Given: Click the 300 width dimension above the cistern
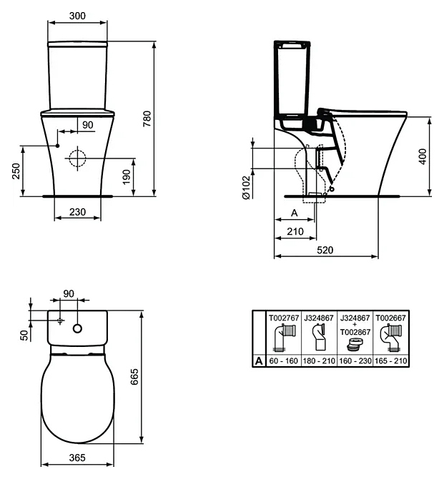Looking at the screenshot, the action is [x=77, y=16].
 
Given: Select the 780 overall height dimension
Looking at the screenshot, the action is [x=147, y=119].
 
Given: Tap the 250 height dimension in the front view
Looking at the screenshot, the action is [x=16, y=171].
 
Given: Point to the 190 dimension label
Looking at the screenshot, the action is [x=127, y=177].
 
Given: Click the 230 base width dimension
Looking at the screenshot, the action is [x=77, y=212].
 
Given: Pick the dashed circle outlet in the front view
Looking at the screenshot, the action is [x=77, y=158].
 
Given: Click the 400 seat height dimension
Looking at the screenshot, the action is [x=423, y=156].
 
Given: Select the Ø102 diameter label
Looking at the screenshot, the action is [x=247, y=187].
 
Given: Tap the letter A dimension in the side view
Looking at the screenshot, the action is [x=295, y=213].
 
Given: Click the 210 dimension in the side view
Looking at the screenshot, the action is [x=295, y=231].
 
